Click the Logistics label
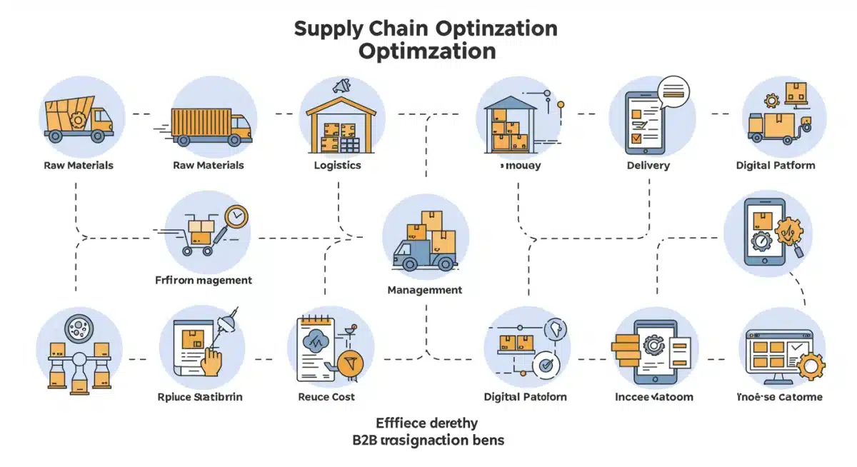coord(337,166)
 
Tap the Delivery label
coord(648,166)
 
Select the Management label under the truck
coord(424,290)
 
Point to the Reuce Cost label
coord(326,396)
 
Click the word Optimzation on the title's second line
coord(427,52)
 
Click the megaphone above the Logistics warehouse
coord(341,87)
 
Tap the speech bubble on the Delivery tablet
coord(674,90)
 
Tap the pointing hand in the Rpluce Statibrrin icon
coord(211,359)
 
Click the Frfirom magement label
coord(204,281)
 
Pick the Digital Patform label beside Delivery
coord(775,166)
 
